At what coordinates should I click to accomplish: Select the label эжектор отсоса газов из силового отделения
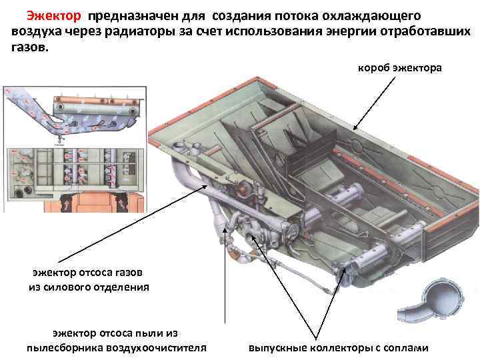[x=88, y=280]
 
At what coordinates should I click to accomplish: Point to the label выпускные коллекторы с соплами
[x=338, y=348]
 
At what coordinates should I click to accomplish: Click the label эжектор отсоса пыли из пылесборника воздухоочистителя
[x=116, y=340]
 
